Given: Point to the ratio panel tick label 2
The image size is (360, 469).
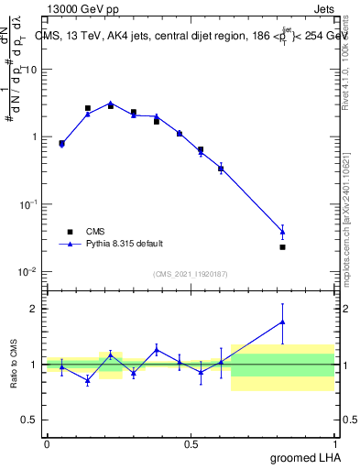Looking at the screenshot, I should coord(35,309).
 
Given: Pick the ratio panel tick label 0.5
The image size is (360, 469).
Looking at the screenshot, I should coord(31,420).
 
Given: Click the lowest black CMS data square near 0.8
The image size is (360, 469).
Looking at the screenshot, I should coord(282,247).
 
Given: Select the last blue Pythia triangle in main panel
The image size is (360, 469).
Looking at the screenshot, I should coord(282,232).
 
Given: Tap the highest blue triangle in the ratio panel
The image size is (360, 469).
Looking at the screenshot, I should coord(282,322).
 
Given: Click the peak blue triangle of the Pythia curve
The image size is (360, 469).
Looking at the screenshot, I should coord(111,104).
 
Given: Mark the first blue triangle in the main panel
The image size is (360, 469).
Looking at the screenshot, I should coord(61,144).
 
